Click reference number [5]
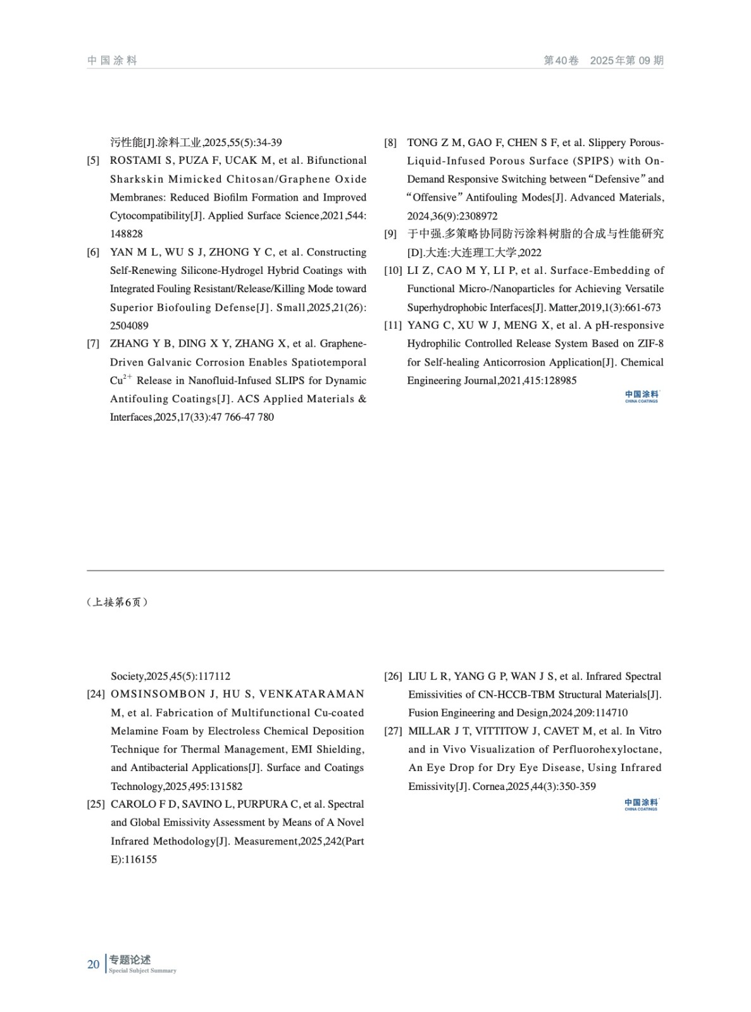[x=93, y=161]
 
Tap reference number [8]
[x=390, y=143]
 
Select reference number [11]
[x=393, y=326]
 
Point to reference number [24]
[x=96, y=694]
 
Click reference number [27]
[x=393, y=731]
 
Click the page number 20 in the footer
[x=93, y=965]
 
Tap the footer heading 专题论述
[x=130, y=960]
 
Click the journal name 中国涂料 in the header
[x=113, y=61]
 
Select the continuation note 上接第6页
[x=117, y=602]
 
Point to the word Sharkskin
[x=137, y=179]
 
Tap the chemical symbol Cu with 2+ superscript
[x=120, y=380]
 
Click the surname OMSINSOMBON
[x=158, y=694]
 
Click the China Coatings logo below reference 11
[x=642, y=397]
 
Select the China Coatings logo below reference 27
[x=641, y=805]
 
